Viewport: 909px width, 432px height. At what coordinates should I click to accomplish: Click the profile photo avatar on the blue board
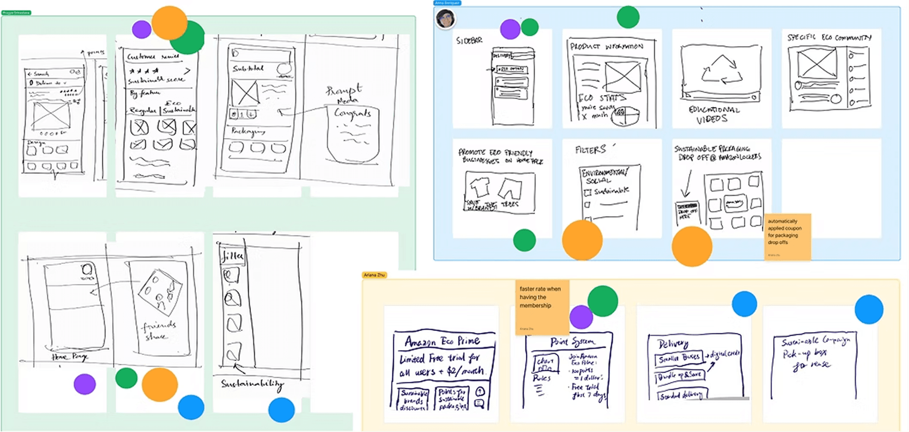(x=445, y=19)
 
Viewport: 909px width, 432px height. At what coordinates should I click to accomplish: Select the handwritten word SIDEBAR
(x=469, y=40)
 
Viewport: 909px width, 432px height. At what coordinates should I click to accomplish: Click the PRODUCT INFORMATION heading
(x=606, y=46)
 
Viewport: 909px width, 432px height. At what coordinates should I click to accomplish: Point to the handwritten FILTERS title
(x=591, y=150)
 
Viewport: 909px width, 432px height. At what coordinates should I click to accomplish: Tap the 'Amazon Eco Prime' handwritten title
(x=442, y=341)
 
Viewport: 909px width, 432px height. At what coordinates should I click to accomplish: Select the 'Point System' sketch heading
(x=573, y=342)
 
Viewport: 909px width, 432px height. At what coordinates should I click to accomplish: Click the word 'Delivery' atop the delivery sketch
(x=673, y=344)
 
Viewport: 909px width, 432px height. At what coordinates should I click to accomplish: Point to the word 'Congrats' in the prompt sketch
(x=352, y=113)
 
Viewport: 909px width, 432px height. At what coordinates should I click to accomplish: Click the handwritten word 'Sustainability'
(x=252, y=383)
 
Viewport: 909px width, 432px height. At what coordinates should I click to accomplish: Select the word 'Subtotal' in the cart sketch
(x=248, y=68)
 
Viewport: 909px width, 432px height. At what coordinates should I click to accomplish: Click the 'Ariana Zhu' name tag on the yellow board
(x=374, y=275)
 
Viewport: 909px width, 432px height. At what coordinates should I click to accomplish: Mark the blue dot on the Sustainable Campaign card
(x=869, y=309)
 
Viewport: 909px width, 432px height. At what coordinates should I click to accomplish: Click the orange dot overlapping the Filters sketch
(x=582, y=240)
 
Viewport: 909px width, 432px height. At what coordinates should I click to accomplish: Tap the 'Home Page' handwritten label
(x=69, y=357)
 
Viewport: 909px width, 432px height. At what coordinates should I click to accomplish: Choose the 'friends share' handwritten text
(x=159, y=331)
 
